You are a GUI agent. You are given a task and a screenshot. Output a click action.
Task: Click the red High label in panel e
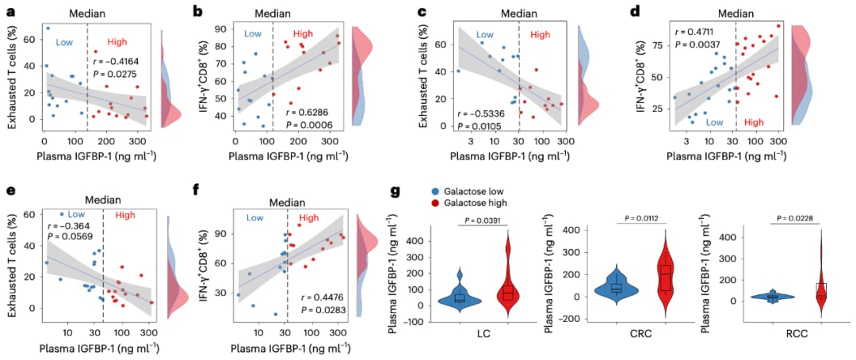(126, 215)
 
